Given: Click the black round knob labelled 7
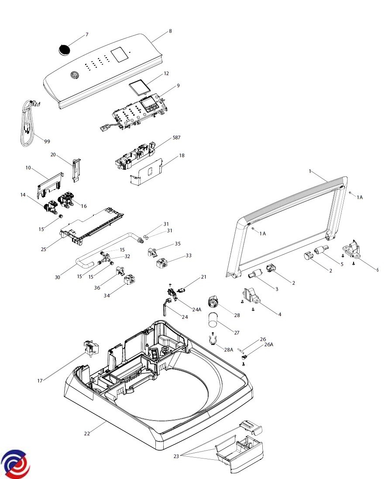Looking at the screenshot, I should click(x=65, y=49).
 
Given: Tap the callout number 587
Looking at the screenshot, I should click(x=176, y=137).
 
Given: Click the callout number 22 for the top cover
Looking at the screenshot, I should click(x=87, y=434).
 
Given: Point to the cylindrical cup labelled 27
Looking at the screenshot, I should click(x=213, y=320).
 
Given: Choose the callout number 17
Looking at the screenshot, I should click(x=40, y=381).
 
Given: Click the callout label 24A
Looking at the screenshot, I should click(x=197, y=309).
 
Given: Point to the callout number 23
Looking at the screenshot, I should click(x=176, y=456).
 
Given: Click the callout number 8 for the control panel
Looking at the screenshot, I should click(x=170, y=31).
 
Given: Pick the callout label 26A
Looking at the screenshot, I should click(x=268, y=345).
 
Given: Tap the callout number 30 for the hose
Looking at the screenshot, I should click(x=58, y=277).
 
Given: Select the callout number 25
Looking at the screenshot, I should click(x=43, y=249).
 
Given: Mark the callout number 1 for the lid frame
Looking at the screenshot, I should click(x=310, y=172).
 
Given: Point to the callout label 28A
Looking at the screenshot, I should click(x=229, y=350).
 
